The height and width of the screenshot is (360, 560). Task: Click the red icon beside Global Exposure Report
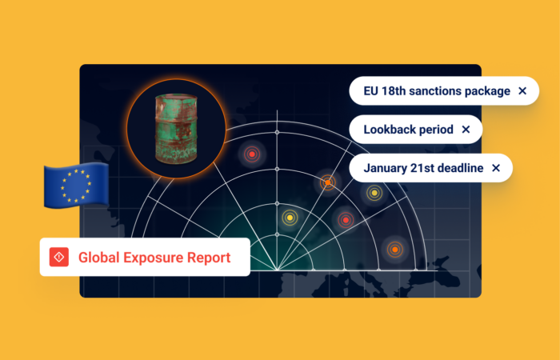click(x=58, y=257)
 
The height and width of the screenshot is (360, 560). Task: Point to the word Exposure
click(x=153, y=258)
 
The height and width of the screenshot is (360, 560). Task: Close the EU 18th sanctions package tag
click(x=522, y=91)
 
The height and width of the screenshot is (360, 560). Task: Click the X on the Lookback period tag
click(x=466, y=129)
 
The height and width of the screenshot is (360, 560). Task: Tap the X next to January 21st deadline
click(x=496, y=168)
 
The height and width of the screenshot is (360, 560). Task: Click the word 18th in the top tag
click(x=400, y=91)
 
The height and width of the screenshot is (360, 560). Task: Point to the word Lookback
click(x=391, y=129)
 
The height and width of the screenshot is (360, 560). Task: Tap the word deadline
click(x=460, y=168)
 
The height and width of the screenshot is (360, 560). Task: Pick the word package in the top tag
click(x=490, y=91)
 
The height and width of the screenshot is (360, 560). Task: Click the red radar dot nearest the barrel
click(x=253, y=154)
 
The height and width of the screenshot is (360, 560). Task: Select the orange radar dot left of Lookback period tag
click(x=327, y=182)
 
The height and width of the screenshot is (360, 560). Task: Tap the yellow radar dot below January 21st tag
click(x=374, y=193)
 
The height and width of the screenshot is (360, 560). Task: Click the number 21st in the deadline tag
click(x=426, y=168)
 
